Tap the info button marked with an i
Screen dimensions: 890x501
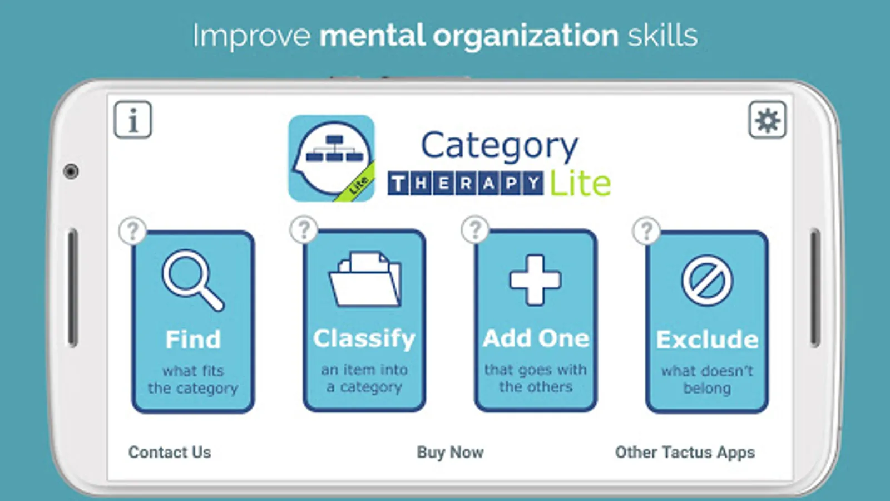133,120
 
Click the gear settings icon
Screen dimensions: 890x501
767,120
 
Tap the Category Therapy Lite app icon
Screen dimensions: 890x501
332,158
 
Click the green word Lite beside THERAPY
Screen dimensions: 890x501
580,183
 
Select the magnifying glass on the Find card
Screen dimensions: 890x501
193,280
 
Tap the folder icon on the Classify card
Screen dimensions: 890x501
365,279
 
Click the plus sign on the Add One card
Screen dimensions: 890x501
536,280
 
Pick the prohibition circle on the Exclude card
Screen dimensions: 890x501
707,280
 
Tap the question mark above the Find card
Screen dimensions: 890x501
133,230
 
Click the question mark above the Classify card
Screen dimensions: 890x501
304,229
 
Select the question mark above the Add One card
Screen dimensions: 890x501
475,229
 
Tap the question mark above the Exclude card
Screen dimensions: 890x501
646,230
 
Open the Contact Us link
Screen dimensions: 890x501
170,452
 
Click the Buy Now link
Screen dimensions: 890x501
450,452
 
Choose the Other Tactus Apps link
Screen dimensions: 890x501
685,452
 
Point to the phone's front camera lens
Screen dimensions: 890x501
71,171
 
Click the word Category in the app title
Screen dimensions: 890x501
500,146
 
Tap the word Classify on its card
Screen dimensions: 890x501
364,339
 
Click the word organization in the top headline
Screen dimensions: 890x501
526,36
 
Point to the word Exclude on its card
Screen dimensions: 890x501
707,340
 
